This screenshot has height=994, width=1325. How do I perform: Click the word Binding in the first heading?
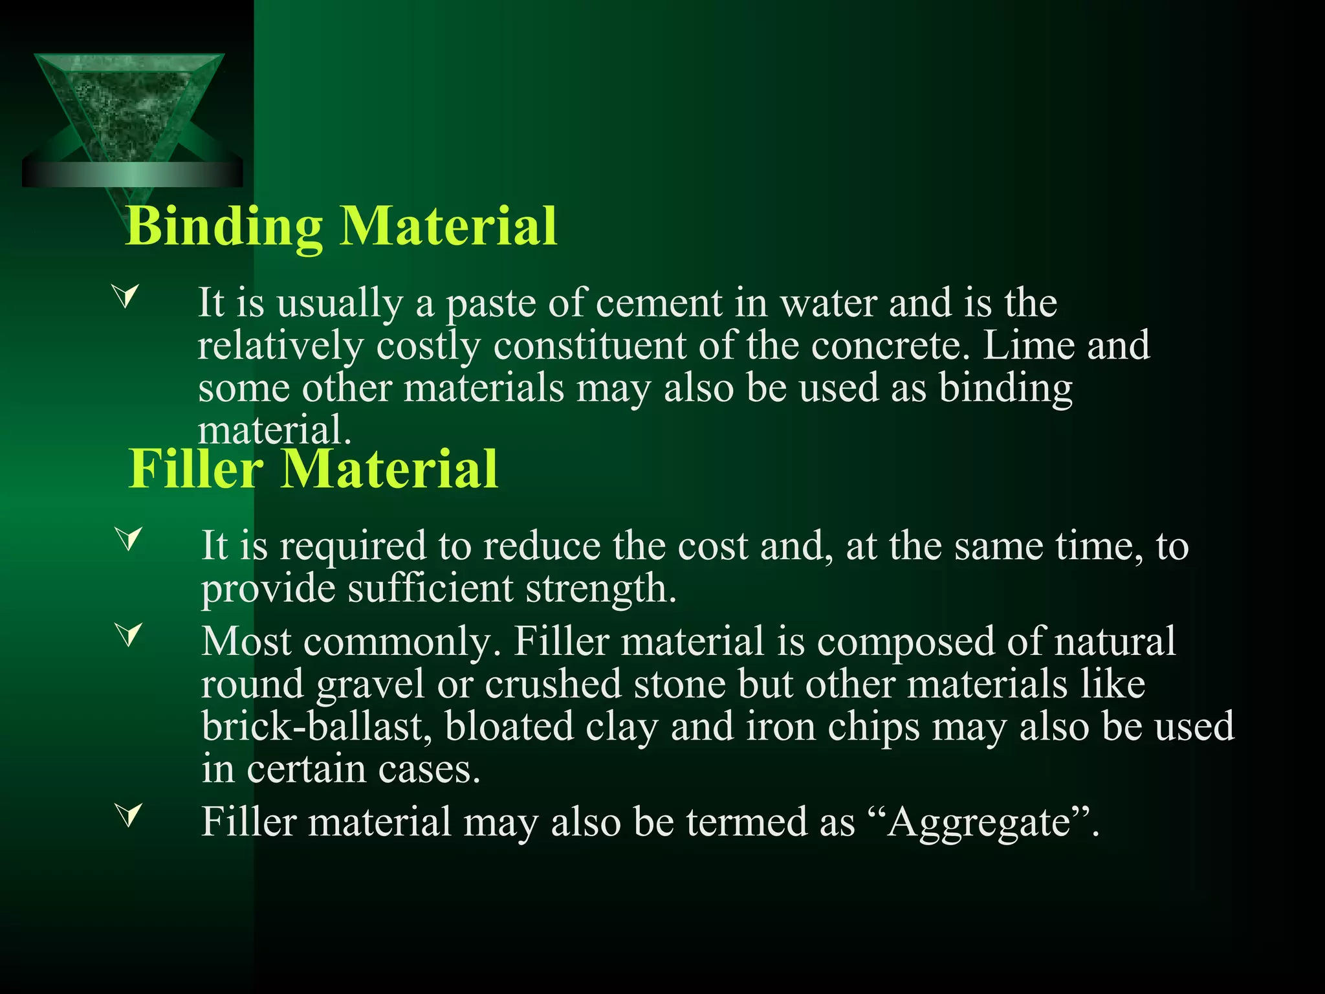[x=224, y=226]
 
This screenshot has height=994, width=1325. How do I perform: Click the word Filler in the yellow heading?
[x=196, y=469]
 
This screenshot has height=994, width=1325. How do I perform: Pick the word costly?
[x=428, y=346]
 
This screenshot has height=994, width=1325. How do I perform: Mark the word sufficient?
[x=430, y=589]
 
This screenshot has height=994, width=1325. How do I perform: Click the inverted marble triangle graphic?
[x=129, y=110]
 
